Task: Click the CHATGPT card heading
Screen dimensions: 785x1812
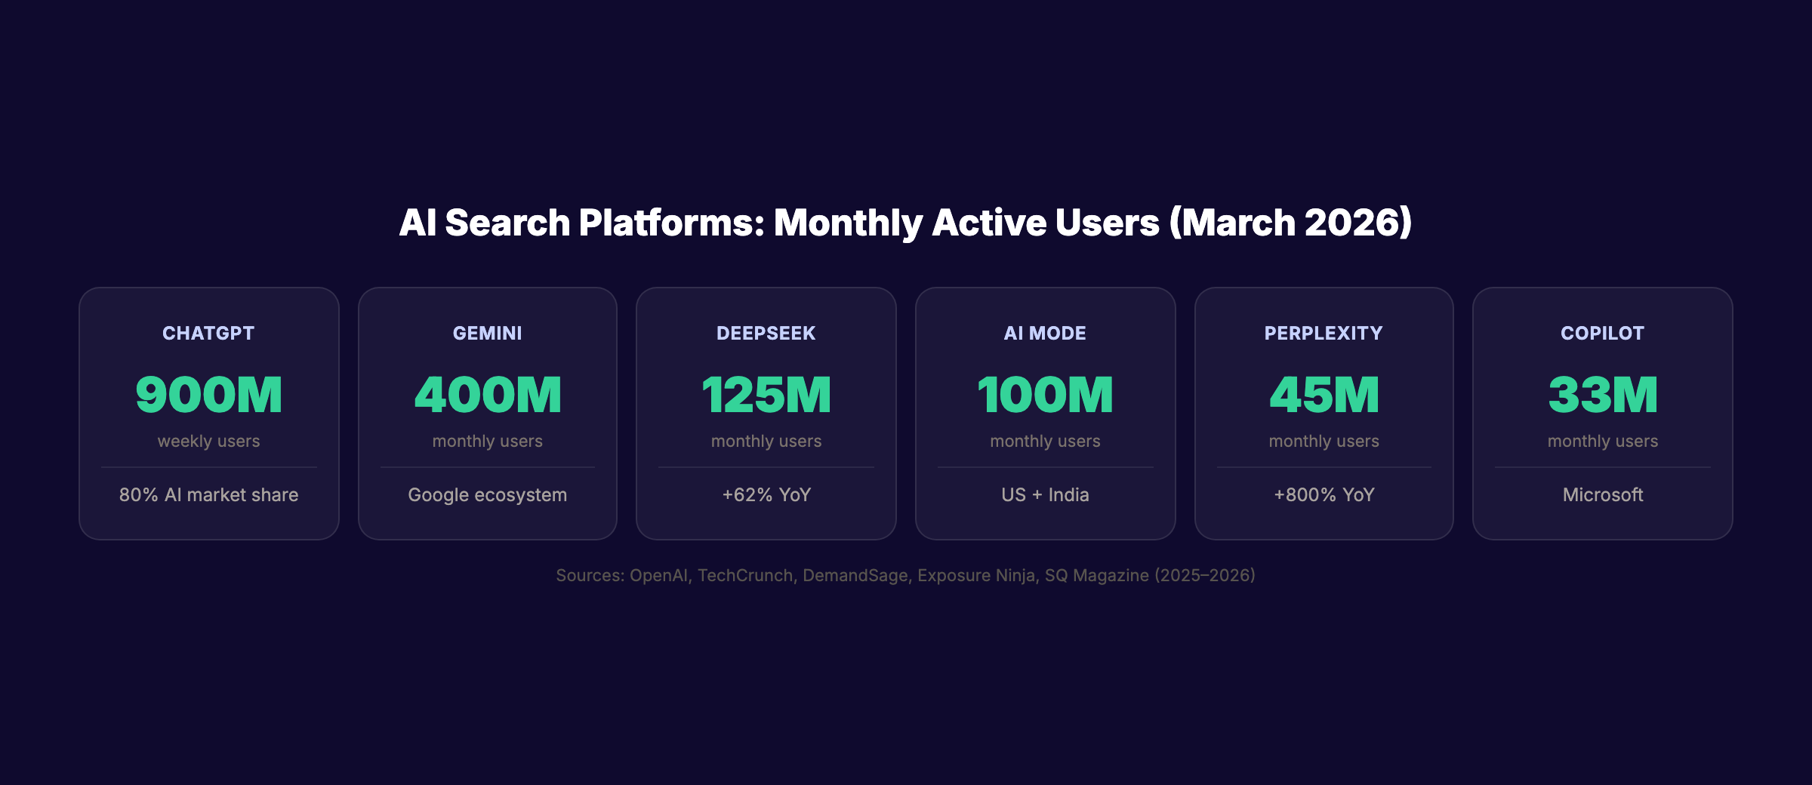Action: click(208, 333)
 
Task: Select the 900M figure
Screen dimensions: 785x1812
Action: click(208, 395)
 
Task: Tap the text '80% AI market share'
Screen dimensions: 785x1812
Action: click(208, 495)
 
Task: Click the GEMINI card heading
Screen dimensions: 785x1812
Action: click(487, 333)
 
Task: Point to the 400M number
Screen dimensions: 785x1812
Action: click(487, 395)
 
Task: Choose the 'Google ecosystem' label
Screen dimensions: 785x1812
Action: click(487, 495)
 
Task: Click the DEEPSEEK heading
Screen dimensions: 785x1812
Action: click(766, 333)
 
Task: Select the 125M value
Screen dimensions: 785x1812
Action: click(766, 395)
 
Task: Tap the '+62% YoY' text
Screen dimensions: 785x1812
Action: click(766, 495)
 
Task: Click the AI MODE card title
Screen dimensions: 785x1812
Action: click(1045, 333)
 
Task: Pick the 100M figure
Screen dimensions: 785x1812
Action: click(1045, 395)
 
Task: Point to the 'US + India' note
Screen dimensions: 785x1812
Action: click(1045, 495)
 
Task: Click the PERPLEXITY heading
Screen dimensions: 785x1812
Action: click(1324, 333)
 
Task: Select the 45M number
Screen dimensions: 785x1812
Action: click(1324, 395)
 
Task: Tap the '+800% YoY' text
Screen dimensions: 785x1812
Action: click(1324, 495)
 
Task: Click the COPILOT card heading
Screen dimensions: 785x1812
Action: click(1602, 333)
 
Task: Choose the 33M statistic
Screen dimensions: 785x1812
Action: click(1602, 395)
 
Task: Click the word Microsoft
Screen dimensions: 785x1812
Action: click(1602, 495)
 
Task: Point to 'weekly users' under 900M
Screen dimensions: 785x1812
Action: click(208, 441)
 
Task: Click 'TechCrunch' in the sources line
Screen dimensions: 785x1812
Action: click(744, 575)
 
